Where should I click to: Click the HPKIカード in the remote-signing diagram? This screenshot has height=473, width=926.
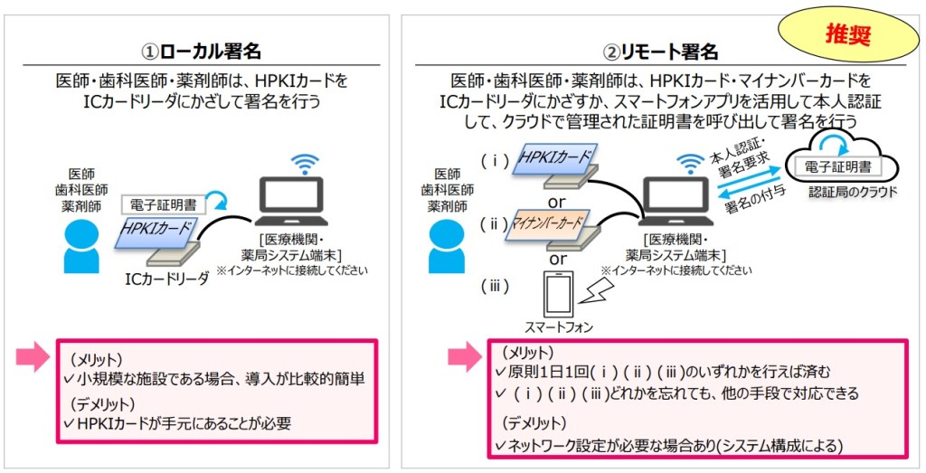[553, 159]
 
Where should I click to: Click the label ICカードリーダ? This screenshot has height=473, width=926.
[167, 279]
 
